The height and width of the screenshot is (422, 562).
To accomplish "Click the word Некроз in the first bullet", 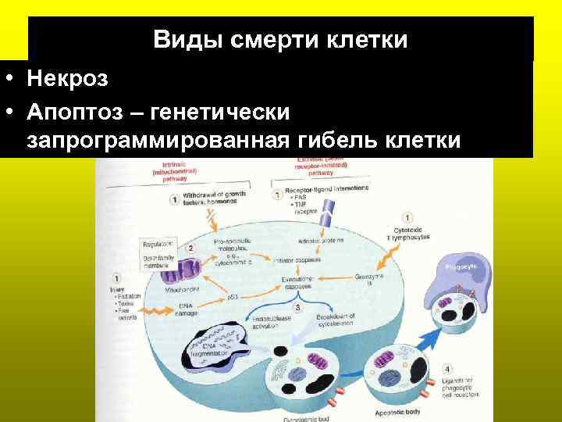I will (67, 79).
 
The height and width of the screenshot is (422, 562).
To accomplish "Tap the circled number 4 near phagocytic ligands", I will (446, 367).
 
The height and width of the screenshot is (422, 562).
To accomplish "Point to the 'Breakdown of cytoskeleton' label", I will (332, 320).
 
